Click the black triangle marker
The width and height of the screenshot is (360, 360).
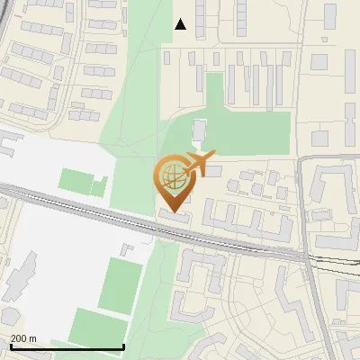pos(181,24)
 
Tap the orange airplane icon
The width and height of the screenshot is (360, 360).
pos(200,164)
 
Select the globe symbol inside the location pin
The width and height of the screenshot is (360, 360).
pos(174,175)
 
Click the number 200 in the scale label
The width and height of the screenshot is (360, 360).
pos(20,338)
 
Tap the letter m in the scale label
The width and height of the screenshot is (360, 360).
pos(34,338)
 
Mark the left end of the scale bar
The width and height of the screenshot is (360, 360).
pos(10,347)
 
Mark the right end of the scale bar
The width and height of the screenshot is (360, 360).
pos(123,347)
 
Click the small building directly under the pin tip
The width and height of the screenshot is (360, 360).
pos(175,216)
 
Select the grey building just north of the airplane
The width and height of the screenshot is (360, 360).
pos(199,131)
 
